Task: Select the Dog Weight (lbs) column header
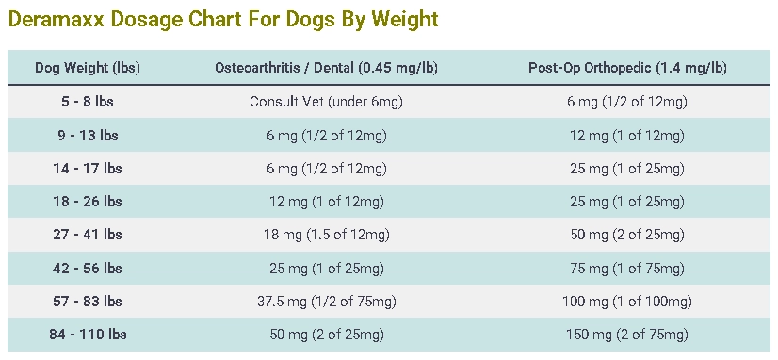(x=88, y=68)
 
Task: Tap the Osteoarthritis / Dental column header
(x=326, y=68)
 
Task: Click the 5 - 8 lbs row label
(x=88, y=102)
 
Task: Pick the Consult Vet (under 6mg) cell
(x=326, y=102)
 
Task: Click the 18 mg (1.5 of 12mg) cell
(x=326, y=235)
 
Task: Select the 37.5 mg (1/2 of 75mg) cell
(x=326, y=302)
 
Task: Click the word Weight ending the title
(x=405, y=18)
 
